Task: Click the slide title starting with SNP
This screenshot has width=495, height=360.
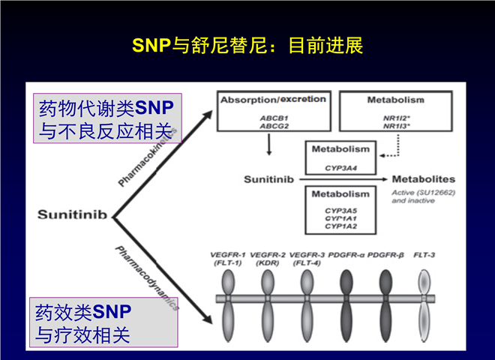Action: tap(247, 46)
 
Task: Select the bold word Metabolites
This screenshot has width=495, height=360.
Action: tap(424, 180)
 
